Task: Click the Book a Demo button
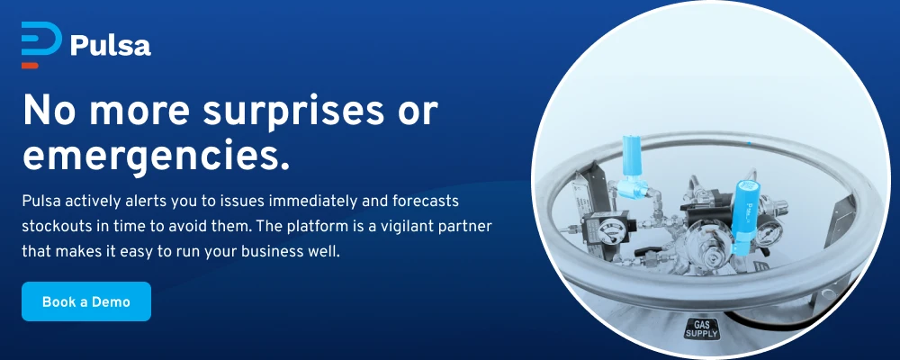point(86,301)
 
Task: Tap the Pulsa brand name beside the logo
point(111,45)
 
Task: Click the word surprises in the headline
point(293,112)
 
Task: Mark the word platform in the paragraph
point(307,227)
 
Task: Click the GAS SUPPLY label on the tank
point(702,329)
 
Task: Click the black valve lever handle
point(650,253)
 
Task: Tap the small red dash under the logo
point(30,66)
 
